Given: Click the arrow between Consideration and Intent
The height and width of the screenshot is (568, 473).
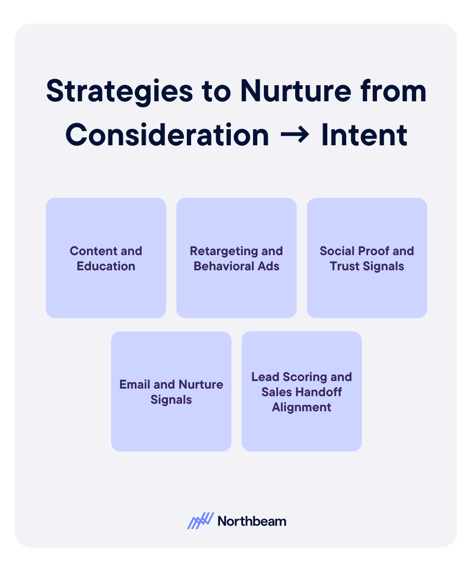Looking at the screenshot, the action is click(295, 136).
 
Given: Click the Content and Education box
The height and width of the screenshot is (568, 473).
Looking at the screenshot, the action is click(106, 257).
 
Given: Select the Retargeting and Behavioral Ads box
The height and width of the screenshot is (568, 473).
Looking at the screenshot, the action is click(236, 257).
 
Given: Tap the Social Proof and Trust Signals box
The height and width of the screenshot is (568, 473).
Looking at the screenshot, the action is click(367, 257).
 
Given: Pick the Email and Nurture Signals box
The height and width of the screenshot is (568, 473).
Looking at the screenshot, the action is click(171, 391).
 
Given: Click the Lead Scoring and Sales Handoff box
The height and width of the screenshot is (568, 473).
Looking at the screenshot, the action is click(302, 391).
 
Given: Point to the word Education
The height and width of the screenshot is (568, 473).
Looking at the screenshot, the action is click(106, 266).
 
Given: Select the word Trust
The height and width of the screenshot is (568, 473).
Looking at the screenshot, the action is click(348, 266).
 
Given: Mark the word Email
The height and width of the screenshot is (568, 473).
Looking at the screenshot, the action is click(135, 384).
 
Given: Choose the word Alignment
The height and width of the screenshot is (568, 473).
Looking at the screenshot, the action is click(302, 407).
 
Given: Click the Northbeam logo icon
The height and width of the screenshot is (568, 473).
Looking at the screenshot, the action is click(201, 521).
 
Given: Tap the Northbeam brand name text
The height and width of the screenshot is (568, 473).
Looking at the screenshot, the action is click(252, 521).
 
